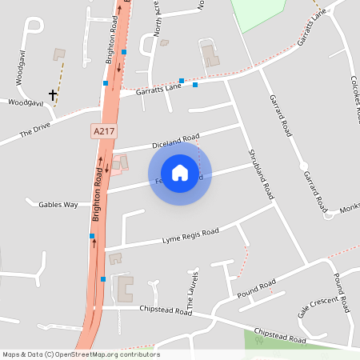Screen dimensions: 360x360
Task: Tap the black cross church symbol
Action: (54, 94)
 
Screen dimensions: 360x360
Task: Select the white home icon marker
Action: (180, 172)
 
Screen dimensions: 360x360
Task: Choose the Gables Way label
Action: (58, 205)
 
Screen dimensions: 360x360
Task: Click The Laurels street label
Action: (192, 290)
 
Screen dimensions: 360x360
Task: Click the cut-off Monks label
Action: (350, 208)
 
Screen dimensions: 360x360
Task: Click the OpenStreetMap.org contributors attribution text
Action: (107, 354)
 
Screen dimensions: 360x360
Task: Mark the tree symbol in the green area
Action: (258, 340)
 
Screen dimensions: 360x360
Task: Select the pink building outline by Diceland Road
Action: (119, 164)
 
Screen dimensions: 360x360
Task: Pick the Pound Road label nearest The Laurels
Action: (258, 287)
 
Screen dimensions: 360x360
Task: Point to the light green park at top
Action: (258, 12)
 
